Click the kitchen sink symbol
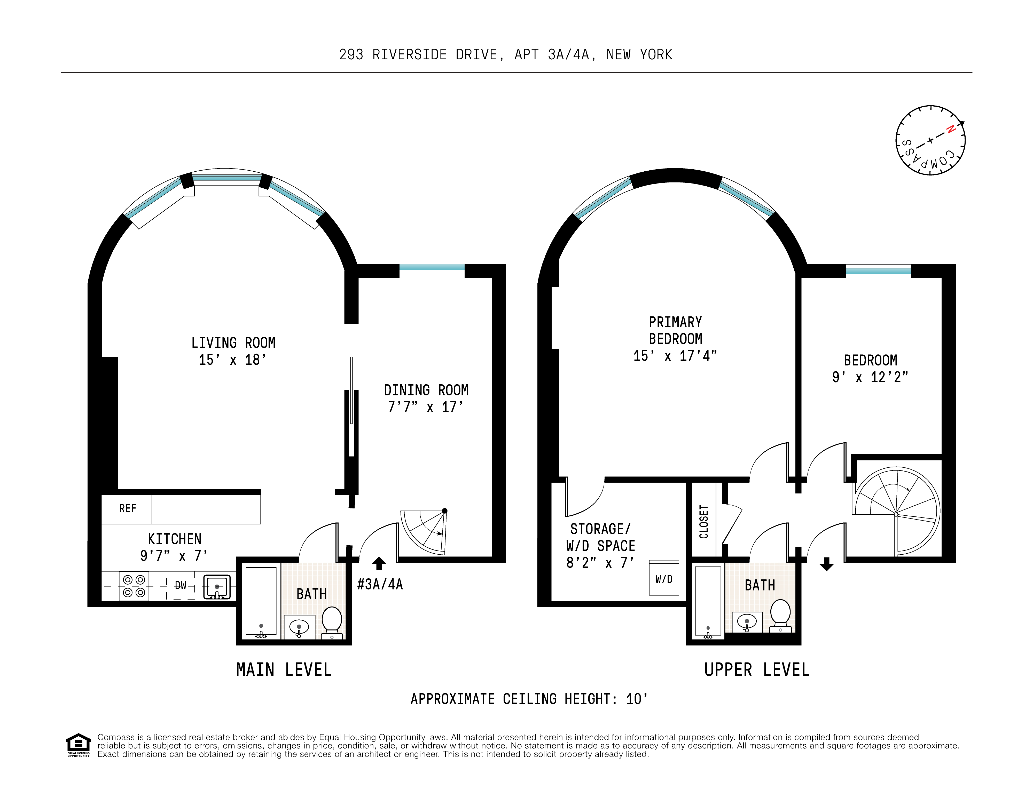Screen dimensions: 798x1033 (x=217, y=587)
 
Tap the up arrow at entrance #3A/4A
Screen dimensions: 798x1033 (x=379, y=563)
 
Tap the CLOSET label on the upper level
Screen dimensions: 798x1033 (x=704, y=521)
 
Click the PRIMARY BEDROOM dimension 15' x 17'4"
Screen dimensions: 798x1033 (x=675, y=355)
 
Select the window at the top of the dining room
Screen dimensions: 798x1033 (x=432, y=270)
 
